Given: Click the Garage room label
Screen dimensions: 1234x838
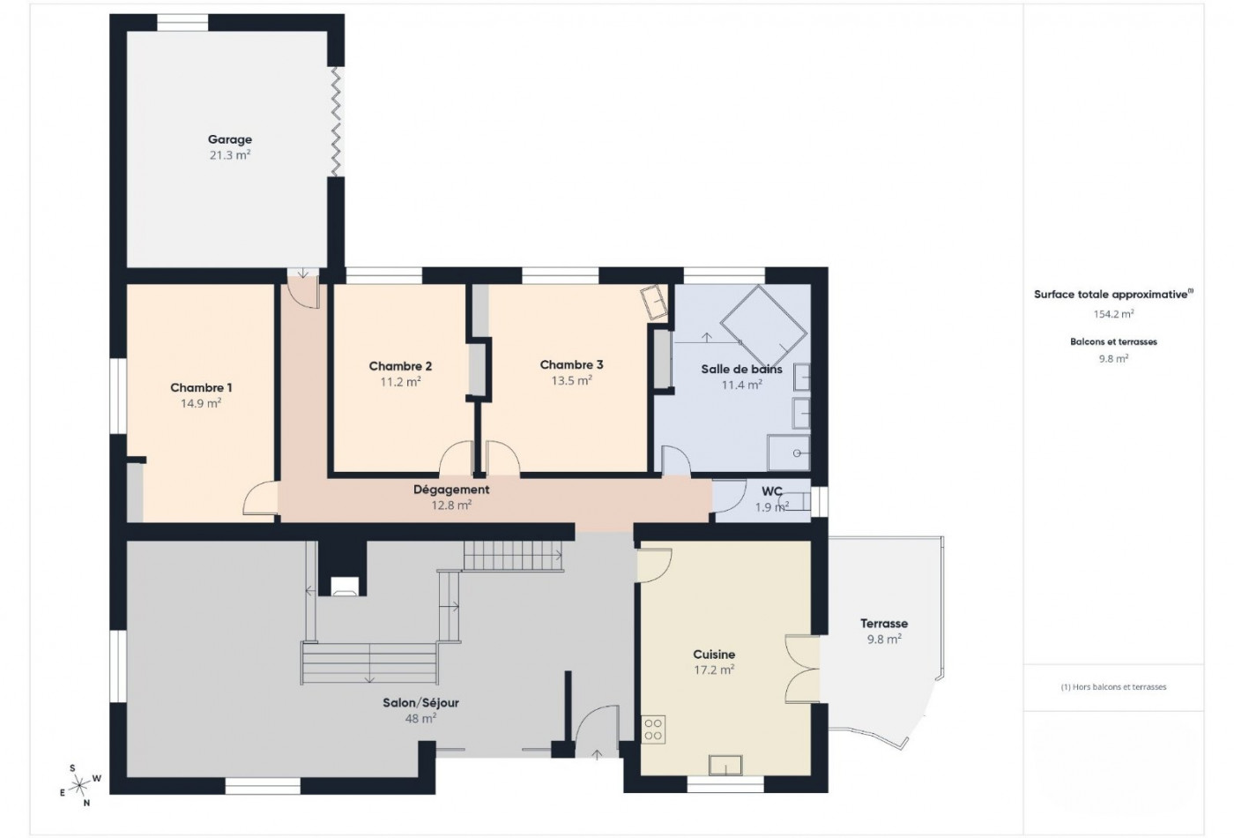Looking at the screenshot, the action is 230,139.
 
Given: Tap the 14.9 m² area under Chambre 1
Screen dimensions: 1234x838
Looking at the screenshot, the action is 201,403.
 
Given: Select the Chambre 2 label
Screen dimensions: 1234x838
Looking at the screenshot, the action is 400,366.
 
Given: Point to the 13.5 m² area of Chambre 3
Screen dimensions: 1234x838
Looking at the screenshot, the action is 572,380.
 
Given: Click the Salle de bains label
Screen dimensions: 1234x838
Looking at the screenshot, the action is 741,370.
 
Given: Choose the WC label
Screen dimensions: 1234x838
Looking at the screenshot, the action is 772,491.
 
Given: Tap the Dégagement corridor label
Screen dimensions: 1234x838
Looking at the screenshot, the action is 451,490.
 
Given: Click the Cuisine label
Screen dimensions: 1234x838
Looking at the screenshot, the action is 714,655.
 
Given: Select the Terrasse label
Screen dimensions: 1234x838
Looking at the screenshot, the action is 884,624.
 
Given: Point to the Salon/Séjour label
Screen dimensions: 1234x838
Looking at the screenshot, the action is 421,703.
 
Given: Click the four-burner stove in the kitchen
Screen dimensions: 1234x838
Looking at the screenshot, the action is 653,730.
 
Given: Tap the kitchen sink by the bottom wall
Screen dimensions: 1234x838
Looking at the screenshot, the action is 725,766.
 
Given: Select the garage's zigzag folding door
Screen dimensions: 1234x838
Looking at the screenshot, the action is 336,122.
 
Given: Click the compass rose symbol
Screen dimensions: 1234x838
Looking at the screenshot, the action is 80,783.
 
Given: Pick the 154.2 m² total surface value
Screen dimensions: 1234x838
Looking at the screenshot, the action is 1113,314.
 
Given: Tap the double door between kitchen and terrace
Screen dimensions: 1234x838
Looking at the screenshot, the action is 802,670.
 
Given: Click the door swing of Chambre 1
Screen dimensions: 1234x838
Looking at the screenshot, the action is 260,498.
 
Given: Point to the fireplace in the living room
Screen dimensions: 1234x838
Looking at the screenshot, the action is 345,586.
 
